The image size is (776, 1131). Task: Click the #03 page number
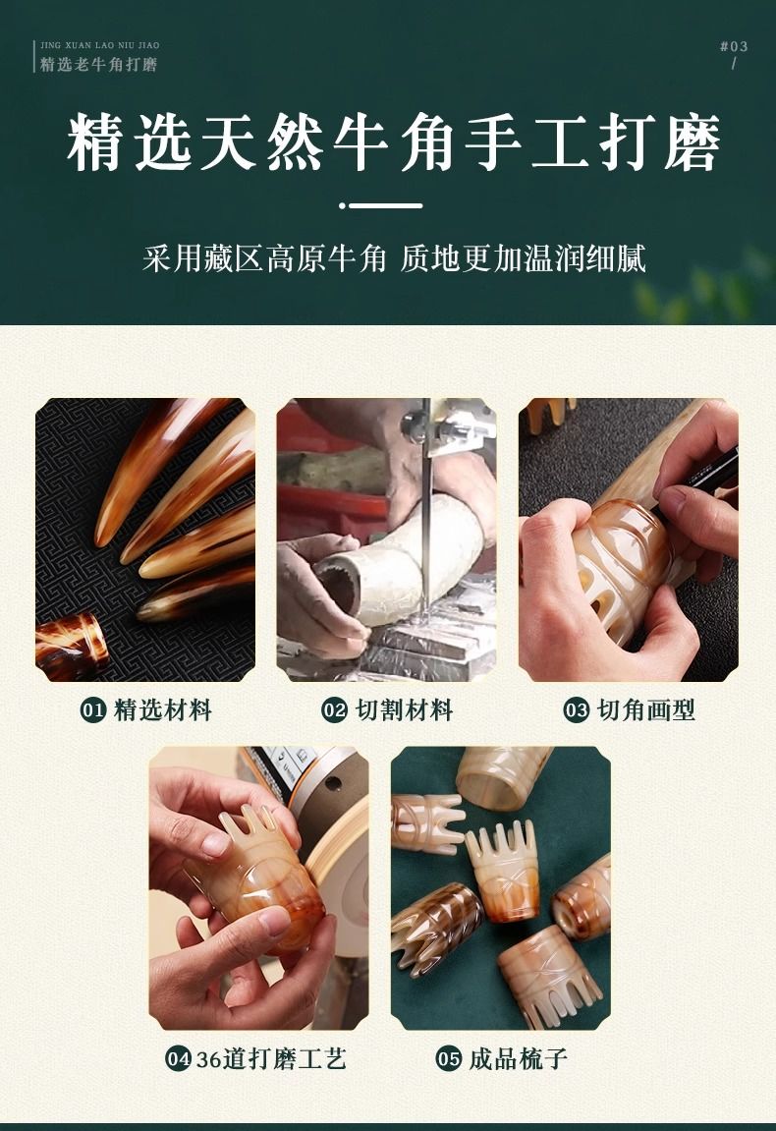point(734,46)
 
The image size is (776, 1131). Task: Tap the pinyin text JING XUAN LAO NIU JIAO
point(100,45)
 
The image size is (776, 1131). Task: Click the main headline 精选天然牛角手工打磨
point(394,141)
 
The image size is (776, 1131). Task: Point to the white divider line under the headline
point(381,205)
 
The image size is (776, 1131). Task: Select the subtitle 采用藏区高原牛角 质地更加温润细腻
point(394,258)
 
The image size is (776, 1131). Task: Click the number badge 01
point(93,709)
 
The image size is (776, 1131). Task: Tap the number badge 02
point(335,709)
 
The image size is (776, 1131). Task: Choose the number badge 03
point(577,709)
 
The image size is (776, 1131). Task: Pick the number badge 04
point(178,1058)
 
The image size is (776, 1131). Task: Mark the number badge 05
point(449,1058)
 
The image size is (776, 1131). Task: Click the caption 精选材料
point(163,709)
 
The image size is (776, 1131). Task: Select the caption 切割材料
point(405,709)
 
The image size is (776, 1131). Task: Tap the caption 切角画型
point(646,709)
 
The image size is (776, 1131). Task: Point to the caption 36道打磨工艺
point(271,1058)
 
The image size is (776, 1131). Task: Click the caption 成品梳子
point(519,1058)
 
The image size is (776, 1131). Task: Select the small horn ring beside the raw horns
point(72,645)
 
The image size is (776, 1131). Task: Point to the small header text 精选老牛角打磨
point(99,64)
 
